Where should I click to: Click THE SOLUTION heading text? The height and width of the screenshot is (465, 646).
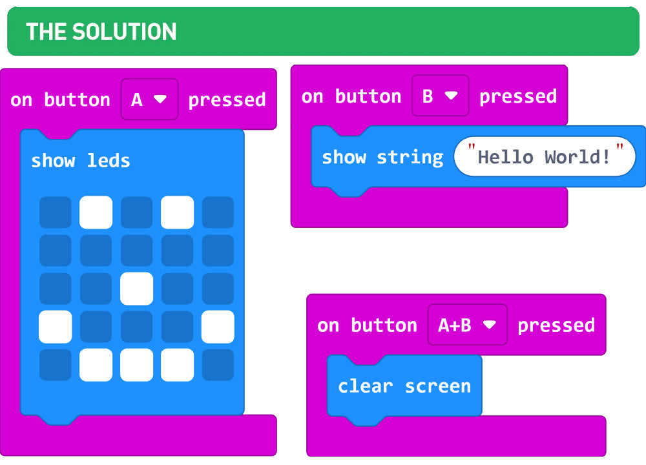pos(101,32)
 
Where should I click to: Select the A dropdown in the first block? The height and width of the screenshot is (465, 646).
pos(150,99)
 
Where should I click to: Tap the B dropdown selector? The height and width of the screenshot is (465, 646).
pos(441,96)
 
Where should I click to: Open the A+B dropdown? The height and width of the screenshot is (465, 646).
pos(468,325)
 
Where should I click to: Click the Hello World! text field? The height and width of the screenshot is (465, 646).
pos(545,156)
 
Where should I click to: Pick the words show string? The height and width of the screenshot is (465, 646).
pos(382,158)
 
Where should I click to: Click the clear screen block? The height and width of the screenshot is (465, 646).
pos(404,386)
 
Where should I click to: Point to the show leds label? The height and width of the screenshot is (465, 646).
pos(81,161)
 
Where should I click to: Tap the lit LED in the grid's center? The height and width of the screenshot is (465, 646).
pos(136,289)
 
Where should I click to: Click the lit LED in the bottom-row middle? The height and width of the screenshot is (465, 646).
pos(136,365)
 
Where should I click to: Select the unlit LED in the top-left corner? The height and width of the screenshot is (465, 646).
pos(55,212)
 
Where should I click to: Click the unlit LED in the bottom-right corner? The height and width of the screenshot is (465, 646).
pos(218,365)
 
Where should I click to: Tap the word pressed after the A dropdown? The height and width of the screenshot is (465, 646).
pos(227,100)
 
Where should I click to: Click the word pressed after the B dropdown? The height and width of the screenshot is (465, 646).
pos(518,97)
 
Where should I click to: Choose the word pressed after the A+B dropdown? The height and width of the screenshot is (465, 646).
pos(556,325)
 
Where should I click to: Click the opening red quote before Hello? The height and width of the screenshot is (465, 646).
pos(472,147)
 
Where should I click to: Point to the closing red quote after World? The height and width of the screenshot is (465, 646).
pos(620,147)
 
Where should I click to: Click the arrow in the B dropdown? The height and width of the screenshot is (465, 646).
pos(451,96)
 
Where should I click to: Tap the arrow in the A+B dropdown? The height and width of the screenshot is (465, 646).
pos(490,325)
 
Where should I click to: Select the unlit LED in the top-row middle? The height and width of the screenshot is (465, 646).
pos(136,212)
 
